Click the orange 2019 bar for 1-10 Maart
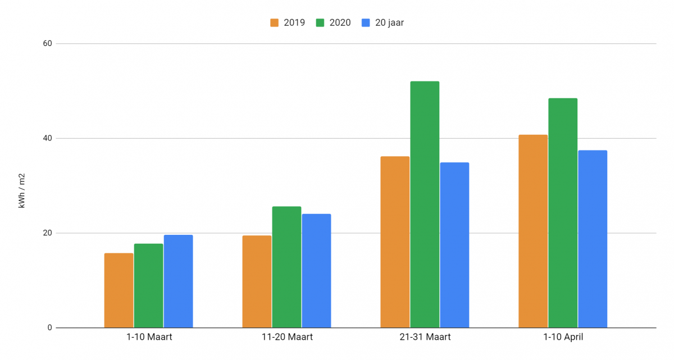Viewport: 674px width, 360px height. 119,290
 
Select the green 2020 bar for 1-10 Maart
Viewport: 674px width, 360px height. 149,285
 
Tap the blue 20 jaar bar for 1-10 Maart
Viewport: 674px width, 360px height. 179,281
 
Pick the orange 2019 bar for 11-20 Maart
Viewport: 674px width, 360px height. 257,281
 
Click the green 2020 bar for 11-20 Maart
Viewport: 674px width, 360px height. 287,267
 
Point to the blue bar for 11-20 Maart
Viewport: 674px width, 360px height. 316,271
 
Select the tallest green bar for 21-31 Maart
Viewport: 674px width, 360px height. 425,204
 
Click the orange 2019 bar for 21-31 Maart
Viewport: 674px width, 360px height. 395,242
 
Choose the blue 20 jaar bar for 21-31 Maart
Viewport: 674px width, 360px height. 454,245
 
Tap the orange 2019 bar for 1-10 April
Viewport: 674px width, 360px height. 533,231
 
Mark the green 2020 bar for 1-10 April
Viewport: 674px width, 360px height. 563,213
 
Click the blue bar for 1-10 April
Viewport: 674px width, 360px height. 593,239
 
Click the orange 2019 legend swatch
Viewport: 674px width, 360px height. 275,23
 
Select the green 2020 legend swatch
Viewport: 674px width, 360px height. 320,23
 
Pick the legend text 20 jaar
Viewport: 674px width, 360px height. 389,23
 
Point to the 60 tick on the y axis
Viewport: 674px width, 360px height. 47,44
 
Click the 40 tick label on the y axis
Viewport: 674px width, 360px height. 47,138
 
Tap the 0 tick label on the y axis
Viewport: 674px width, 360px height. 50,328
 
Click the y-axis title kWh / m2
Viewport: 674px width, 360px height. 22,191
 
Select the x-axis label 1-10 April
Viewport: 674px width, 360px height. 563,338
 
